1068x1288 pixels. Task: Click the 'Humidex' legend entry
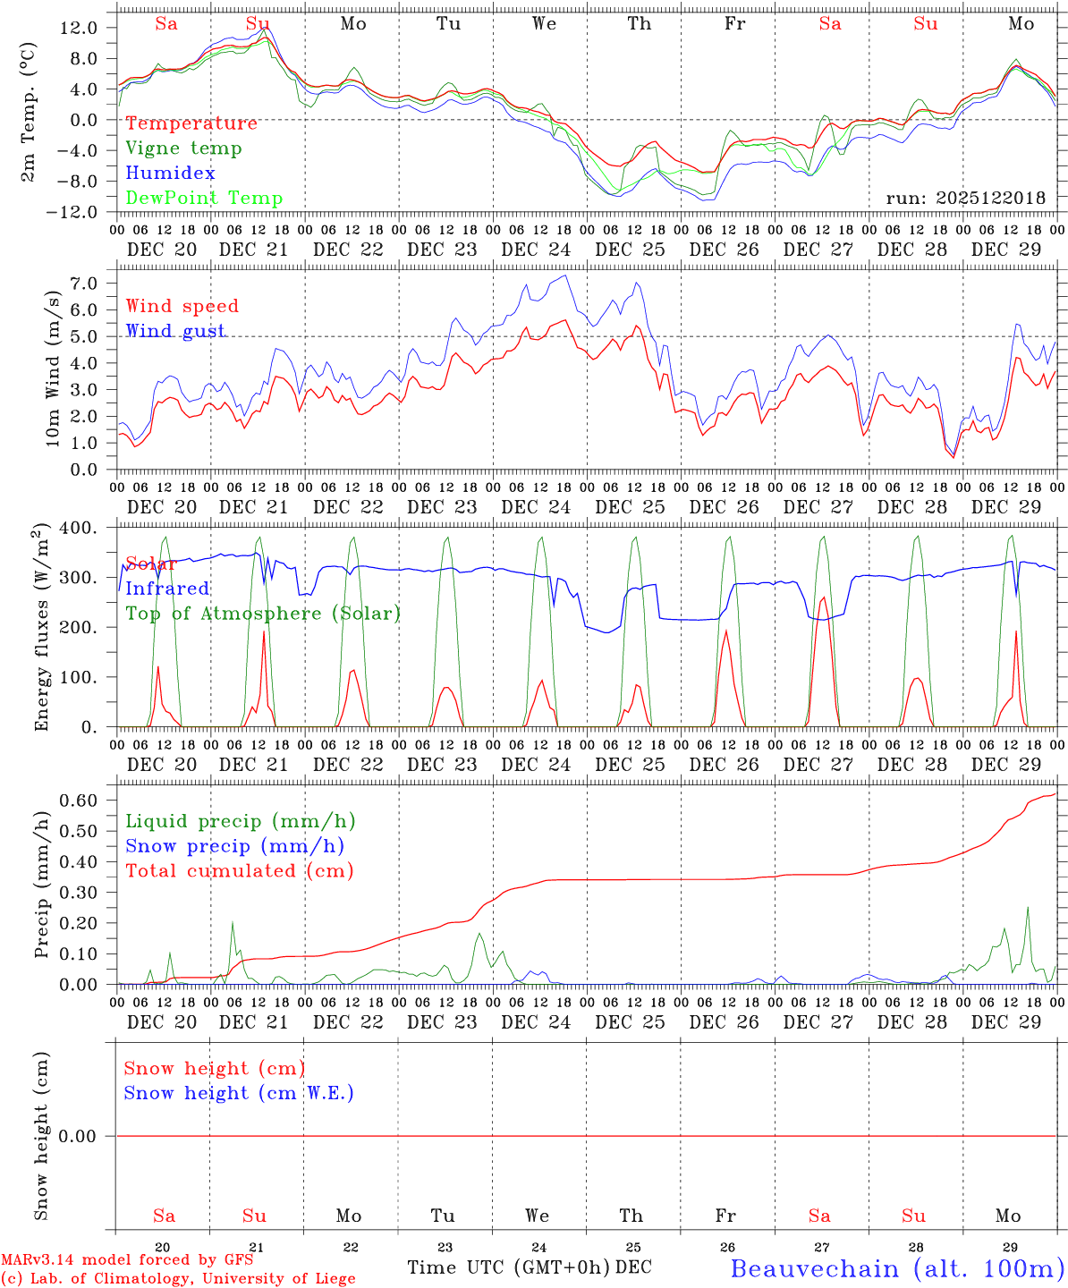click(170, 173)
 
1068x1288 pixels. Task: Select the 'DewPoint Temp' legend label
click(204, 198)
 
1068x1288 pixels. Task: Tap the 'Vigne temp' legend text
click(183, 148)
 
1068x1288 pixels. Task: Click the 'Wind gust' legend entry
click(175, 331)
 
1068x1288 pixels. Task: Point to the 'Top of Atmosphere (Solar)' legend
click(263, 614)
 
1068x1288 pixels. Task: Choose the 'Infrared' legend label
click(167, 589)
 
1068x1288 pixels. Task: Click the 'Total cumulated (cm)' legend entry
click(240, 870)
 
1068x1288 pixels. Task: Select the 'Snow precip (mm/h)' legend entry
click(234, 846)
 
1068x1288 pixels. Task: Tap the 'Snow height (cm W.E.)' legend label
click(239, 1093)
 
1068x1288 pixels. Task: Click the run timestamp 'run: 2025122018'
click(965, 198)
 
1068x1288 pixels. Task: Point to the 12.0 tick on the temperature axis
click(79, 28)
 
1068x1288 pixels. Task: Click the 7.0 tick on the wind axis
click(88, 284)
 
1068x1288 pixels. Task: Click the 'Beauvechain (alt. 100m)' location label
click(897, 1267)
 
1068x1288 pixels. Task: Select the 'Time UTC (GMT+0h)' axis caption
click(508, 1267)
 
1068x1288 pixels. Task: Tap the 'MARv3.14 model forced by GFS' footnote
click(127, 1260)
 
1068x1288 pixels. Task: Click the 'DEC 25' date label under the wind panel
click(631, 506)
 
